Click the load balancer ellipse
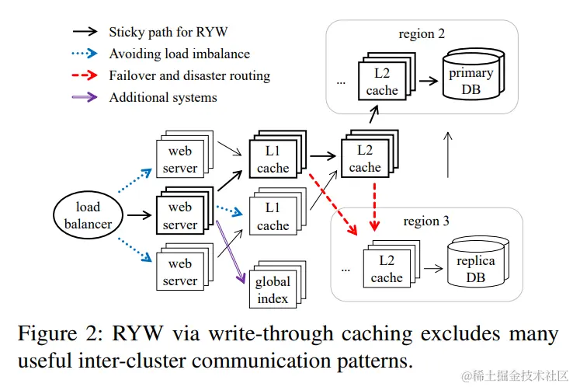point(88,215)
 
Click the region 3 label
point(426,221)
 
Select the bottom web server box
point(179,273)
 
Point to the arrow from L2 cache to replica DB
point(432,269)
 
